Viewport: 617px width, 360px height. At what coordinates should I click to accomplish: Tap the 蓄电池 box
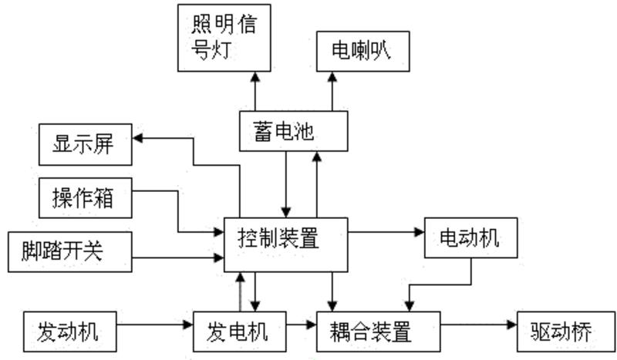pyautogui.click(x=293, y=131)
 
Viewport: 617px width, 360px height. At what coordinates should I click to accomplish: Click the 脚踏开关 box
pyautogui.click(x=68, y=251)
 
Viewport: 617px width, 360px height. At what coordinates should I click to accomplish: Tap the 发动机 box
pyautogui.click(x=71, y=332)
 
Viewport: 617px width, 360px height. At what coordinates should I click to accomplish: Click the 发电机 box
pyautogui.click(x=238, y=332)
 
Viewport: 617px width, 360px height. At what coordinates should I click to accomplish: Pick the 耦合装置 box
pyautogui.click(x=376, y=332)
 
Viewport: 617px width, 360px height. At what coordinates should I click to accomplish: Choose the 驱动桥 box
pyautogui.click(x=561, y=332)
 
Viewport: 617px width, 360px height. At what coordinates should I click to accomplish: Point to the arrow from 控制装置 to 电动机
pyautogui.click(x=386, y=230)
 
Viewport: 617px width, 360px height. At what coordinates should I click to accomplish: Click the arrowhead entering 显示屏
pyautogui.click(x=139, y=139)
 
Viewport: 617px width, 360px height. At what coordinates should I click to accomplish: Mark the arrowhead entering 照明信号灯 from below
pyautogui.click(x=255, y=77)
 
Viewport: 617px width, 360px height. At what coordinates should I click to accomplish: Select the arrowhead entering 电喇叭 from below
pyautogui.click(x=332, y=77)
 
